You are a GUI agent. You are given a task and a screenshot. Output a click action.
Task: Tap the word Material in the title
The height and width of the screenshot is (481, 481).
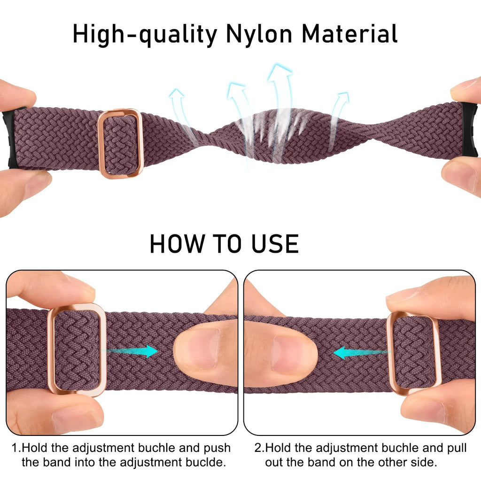[x=349, y=34]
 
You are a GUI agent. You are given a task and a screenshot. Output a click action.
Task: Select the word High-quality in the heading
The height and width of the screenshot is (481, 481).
[x=145, y=35]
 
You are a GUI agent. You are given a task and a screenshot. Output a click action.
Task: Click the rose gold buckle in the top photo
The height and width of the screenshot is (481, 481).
[x=120, y=143]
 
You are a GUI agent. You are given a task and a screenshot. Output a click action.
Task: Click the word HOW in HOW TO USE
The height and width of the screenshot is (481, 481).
[x=178, y=244]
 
